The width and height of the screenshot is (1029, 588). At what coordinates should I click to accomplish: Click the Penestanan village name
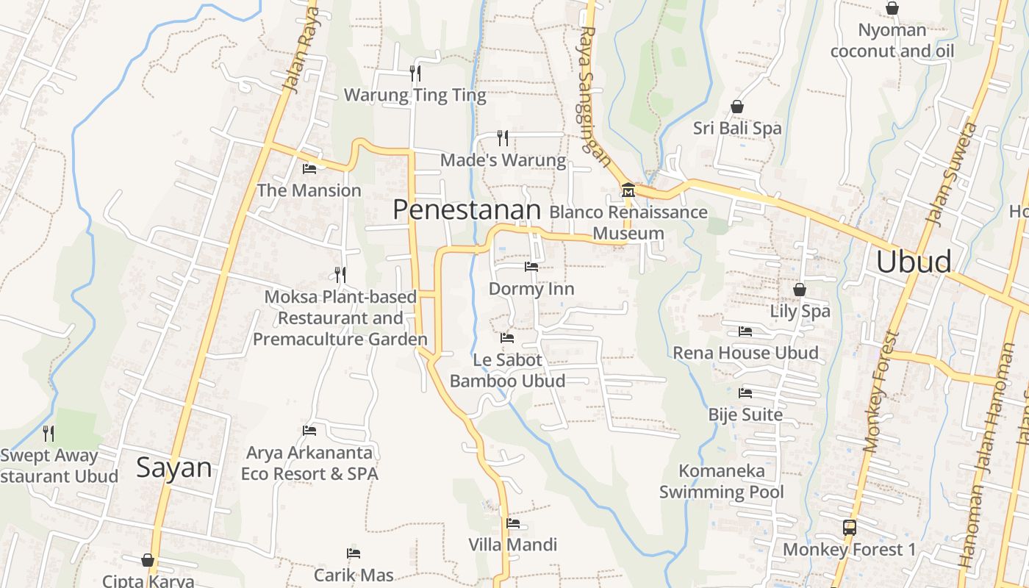[x=467, y=210]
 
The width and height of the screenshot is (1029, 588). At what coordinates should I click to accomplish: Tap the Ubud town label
[x=914, y=262]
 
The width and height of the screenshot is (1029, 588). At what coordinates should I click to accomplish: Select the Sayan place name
[x=174, y=468]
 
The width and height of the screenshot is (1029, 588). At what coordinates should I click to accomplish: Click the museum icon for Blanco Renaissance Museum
[x=628, y=190]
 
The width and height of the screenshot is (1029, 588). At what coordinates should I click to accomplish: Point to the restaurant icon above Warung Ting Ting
[x=415, y=73]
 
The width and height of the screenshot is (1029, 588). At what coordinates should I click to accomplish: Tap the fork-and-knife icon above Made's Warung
[x=503, y=137]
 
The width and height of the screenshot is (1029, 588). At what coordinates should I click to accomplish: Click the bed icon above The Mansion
[x=309, y=168]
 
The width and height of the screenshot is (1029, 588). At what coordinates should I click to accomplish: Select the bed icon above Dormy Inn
[x=531, y=266]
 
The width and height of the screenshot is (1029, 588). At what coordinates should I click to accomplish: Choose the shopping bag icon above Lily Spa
[x=800, y=290]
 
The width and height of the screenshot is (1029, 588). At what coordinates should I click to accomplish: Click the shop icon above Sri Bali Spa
[x=737, y=107]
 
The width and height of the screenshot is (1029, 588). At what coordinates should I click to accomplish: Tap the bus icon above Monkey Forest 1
[x=850, y=527]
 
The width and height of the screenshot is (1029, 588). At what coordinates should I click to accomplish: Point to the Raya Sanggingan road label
[x=595, y=96]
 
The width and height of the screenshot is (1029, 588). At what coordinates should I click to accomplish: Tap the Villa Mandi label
[x=513, y=545]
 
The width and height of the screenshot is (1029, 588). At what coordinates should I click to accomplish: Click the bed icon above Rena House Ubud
[x=745, y=331]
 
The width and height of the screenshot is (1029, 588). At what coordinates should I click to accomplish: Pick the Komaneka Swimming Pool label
[x=722, y=481]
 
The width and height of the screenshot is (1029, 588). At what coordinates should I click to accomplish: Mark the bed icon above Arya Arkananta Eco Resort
[x=309, y=430]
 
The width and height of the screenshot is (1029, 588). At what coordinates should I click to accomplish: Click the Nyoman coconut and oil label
[x=892, y=40]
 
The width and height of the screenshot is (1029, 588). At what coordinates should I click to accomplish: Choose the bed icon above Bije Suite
[x=745, y=393]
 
